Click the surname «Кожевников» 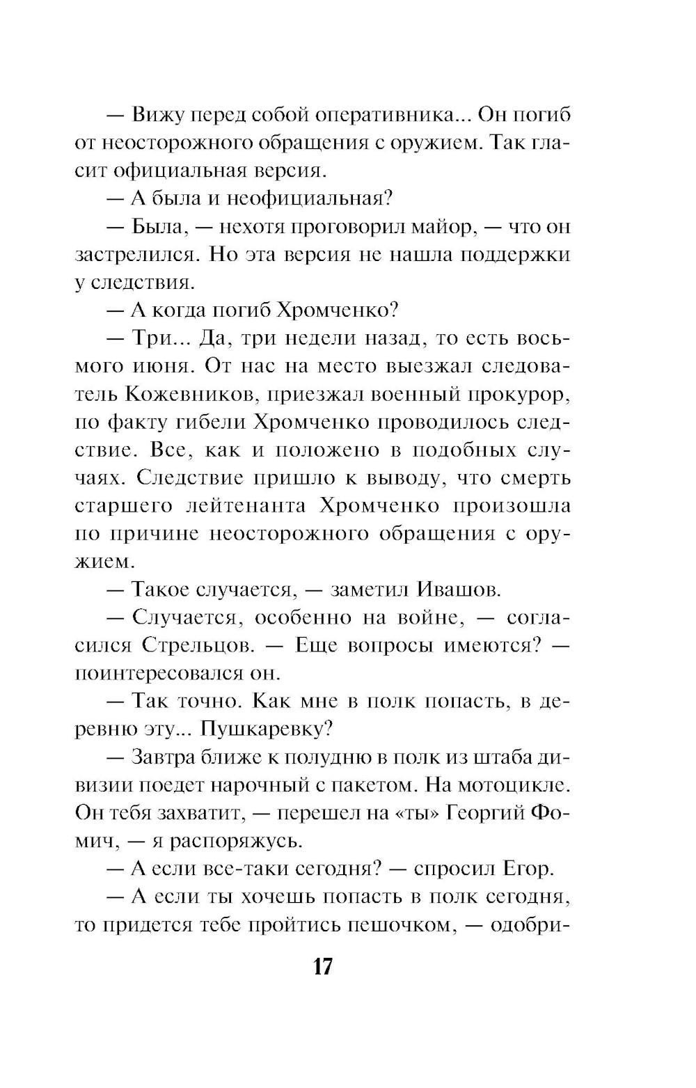185,394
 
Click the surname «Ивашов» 459,590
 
